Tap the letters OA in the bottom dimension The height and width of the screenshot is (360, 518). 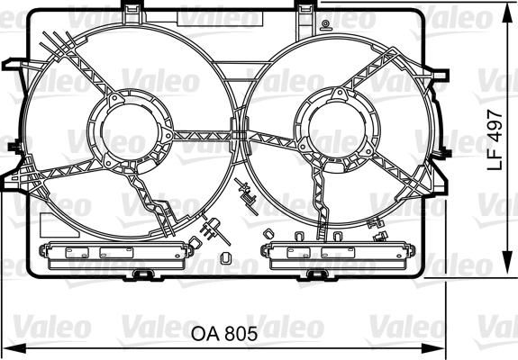(x=206, y=333)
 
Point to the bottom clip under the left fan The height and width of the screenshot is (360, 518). (x=141, y=273)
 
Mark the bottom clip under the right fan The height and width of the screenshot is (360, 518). (x=314, y=273)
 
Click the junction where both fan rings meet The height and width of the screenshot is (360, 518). (x=237, y=135)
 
